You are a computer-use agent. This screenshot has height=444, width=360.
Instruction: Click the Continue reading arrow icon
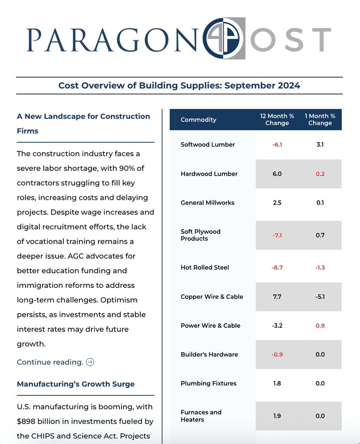(x=90, y=362)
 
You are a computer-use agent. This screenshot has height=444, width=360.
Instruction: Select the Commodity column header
(x=198, y=120)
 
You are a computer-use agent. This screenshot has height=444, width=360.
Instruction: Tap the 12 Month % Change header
(x=277, y=120)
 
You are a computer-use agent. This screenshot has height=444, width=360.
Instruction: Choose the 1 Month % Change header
(x=320, y=120)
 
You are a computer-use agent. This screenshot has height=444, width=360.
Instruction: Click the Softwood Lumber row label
(x=207, y=145)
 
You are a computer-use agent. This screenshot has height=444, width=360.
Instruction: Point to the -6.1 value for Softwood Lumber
(x=277, y=145)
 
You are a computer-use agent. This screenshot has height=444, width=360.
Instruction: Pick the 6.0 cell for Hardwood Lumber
(x=277, y=174)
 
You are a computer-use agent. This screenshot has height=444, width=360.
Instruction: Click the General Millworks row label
(x=207, y=203)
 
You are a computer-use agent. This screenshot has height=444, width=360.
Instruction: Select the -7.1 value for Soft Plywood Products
(x=277, y=235)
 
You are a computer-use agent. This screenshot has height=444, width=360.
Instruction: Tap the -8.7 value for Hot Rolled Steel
(x=277, y=268)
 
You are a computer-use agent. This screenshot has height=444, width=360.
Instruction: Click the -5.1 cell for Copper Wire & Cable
(x=320, y=297)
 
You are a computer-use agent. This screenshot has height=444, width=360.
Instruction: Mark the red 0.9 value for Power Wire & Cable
(x=320, y=326)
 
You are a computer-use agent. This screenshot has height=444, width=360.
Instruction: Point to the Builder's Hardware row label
(x=209, y=355)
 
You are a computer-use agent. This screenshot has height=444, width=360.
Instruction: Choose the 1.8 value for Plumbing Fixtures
(x=277, y=384)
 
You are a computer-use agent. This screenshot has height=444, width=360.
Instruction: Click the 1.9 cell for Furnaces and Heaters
(x=277, y=416)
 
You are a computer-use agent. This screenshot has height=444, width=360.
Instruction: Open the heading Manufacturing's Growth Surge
(x=76, y=384)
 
